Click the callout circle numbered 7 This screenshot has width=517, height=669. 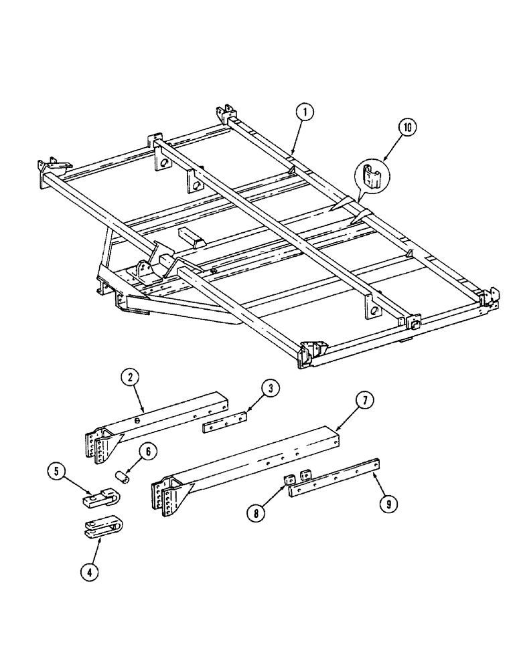[x=364, y=401]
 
